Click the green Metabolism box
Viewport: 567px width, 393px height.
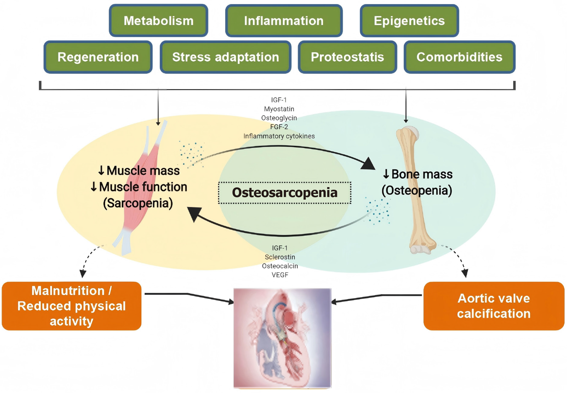(x=159, y=21)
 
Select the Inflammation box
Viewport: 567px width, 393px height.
(x=284, y=21)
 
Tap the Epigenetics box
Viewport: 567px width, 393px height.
(x=409, y=21)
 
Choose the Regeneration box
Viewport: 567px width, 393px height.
(x=98, y=57)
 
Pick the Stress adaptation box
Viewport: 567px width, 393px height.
(x=226, y=57)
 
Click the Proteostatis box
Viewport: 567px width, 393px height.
(x=347, y=57)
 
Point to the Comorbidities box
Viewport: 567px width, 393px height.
(x=459, y=57)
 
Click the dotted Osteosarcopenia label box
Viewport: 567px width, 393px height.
(x=285, y=193)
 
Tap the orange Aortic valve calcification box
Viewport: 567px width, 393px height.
(x=494, y=306)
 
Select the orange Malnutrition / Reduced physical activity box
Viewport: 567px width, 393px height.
(x=71, y=306)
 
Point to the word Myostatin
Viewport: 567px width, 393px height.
(x=279, y=109)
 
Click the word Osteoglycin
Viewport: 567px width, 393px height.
(x=279, y=118)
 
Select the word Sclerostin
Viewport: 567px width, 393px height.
(x=280, y=257)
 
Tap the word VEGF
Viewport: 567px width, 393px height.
(x=280, y=275)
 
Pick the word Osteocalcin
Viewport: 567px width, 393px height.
(x=280, y=266)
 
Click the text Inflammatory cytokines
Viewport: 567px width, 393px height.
(x=279, y=136)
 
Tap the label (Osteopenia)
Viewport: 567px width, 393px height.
(x=417, y=190)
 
